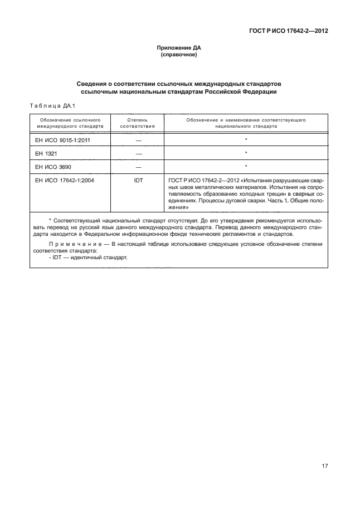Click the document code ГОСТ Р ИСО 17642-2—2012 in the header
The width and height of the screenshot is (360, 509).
pos(288,31)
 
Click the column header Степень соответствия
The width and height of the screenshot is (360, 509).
pos(137,123)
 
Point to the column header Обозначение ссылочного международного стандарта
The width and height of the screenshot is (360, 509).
pos(70,123)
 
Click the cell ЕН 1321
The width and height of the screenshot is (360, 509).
pos(46,153)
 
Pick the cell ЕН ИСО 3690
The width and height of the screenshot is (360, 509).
pos(53,166)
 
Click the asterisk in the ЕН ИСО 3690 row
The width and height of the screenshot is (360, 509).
pos(246,166)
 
